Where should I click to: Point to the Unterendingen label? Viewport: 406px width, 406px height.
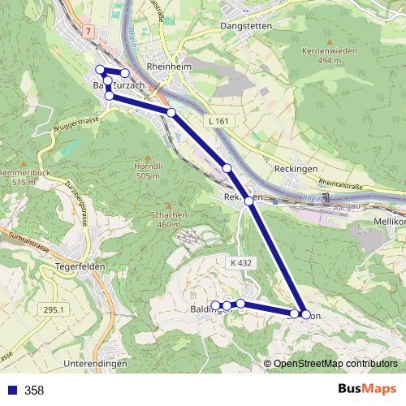click(95, 364)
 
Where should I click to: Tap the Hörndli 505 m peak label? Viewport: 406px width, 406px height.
click(149, 171)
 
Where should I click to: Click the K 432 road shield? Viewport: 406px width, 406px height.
click(241, 263)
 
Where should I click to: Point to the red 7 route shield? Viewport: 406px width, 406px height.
click(87, 29)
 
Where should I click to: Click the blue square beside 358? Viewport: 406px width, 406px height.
click(11, 391)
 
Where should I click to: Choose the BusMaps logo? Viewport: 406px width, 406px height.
click(365, 390)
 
